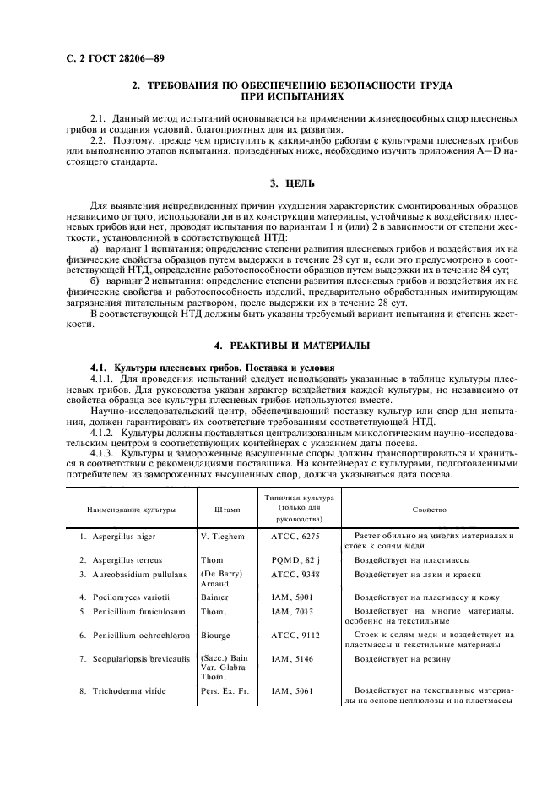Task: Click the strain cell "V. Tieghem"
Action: [x=222, y=537]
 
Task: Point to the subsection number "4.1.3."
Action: [x=105, y=452]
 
